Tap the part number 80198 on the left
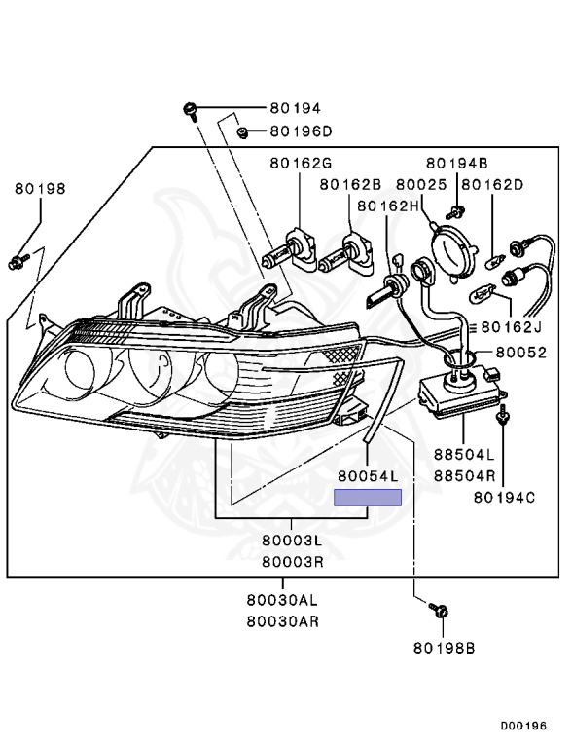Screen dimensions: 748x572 pyautogui.click(x=40, y=189)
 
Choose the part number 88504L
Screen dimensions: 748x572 pyautogui.click(x=464, y=455)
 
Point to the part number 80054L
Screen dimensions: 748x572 pyautogui.click(x=369, y=476)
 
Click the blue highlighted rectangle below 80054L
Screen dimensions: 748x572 pyautogui.click(x=368, y=498)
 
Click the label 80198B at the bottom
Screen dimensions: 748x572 pyautogui.click(x=444, y=647)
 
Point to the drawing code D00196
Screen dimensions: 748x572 pyautogui.click(x=524, y=727)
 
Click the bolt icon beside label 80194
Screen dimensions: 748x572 pyautogui.click(x=191, y=108)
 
